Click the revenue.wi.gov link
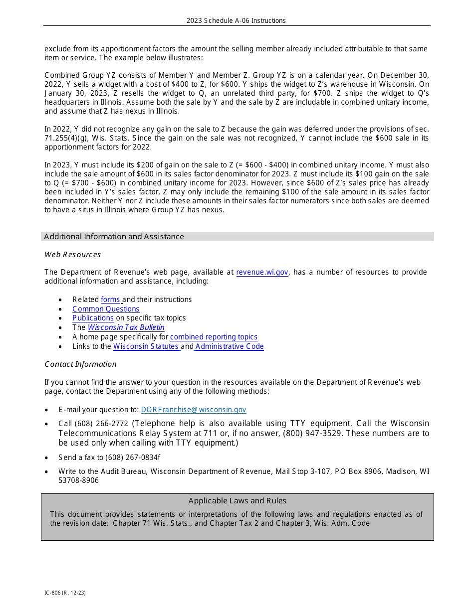(x=262, y=272)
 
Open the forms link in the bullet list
(x=110, y=300)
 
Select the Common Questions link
(x=106, y=309)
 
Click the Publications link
(x=93, y=318)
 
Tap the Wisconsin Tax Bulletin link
(x=126, y=327)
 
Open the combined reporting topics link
(x=214, y=337)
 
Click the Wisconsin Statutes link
(x=146, y=346)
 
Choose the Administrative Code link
(x=230, y=346)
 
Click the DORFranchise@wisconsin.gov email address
(x=194, y=410)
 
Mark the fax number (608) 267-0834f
(x=133, y=458)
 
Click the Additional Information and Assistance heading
(x=114, y=237)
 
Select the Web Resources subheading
(x=73, y=255)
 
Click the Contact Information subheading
(x=80, y=364)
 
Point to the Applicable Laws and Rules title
(x=237, y=501)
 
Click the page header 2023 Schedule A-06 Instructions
(x=236, y=20)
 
